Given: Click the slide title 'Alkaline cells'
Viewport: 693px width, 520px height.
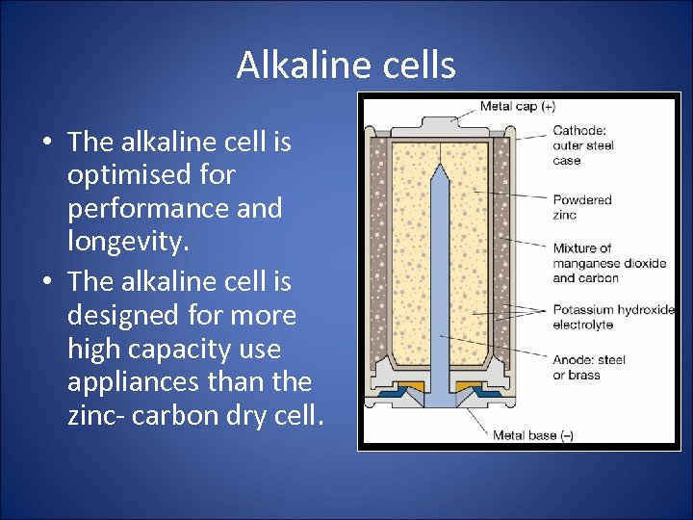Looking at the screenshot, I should tap(346, 65).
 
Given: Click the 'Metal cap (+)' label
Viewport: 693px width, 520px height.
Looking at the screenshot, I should tap(517, 106).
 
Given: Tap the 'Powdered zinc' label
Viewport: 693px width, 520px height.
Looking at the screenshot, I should tap(581, 207).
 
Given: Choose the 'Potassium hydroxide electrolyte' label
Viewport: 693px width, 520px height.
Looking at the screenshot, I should tap(613, 317).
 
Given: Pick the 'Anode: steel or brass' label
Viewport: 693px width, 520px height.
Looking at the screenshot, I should tap(588, 367).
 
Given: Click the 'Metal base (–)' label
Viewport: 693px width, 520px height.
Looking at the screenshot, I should tap(532, 435).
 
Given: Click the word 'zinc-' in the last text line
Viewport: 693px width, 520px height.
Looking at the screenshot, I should tap(95, 415).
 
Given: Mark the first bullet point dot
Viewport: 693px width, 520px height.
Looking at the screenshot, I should tap(47, 143).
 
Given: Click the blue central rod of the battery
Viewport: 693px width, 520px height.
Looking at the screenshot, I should tap(440, 289).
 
